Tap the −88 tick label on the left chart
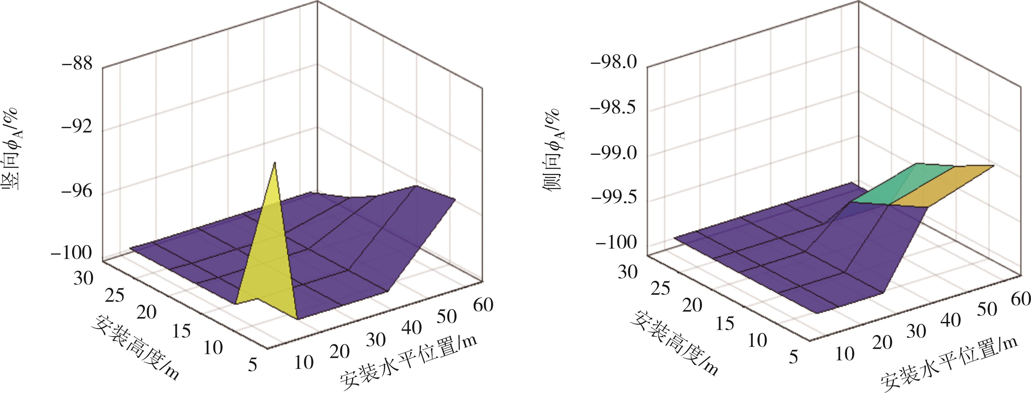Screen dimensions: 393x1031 pos(77,64)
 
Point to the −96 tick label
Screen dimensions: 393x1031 pos(77,192)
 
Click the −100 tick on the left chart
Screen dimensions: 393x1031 pos(71,253)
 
